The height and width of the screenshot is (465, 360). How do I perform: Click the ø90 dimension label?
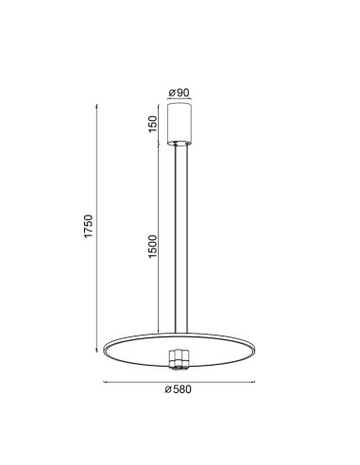click(x=179, y=93)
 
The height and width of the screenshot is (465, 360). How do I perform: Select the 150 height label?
click(x=152, y=124)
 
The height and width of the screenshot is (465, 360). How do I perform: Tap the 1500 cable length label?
click(x=152, y=247)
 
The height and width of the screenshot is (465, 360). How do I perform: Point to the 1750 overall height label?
click(x=89, y=226)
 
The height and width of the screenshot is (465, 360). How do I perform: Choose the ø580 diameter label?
click(x=178, y=389)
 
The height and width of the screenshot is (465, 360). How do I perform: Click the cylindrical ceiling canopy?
click(x=180, y=124)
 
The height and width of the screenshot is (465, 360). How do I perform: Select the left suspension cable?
click(x=176, y=239)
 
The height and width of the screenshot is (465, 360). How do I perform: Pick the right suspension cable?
click(x=187, y=239)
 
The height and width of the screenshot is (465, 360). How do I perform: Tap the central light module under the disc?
click(x=179, y=359)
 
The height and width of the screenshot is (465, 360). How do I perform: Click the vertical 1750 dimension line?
click(x=96, y=228)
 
